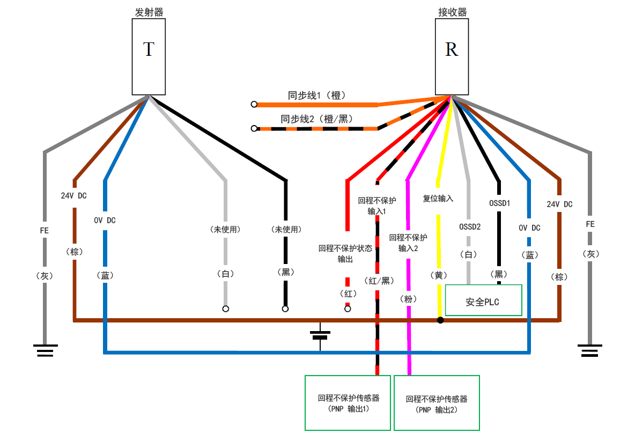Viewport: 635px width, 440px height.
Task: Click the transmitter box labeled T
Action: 149,56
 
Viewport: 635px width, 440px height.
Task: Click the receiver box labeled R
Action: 452,56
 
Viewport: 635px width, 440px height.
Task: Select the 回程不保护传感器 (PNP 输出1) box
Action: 348,402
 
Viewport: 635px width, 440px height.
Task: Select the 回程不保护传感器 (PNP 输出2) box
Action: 437,402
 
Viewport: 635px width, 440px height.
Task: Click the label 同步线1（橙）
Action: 317,96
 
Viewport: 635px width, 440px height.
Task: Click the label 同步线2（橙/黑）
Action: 316,119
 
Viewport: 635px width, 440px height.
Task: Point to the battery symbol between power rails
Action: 320,335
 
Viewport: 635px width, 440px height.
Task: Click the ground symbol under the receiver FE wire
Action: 590,352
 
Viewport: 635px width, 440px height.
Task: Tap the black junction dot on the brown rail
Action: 440,320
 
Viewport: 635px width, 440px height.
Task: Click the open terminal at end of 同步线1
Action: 254,104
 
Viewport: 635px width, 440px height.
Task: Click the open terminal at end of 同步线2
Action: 254,128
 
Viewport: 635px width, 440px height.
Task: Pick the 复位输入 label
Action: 438,199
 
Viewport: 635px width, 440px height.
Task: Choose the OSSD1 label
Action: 499,203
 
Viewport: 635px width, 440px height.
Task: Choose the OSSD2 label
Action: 470,226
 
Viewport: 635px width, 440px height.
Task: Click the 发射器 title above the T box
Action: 149,12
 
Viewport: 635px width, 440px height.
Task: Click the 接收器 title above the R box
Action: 452,12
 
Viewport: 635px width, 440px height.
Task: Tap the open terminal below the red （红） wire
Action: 348,309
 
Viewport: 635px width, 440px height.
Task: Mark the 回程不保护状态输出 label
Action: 345,254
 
